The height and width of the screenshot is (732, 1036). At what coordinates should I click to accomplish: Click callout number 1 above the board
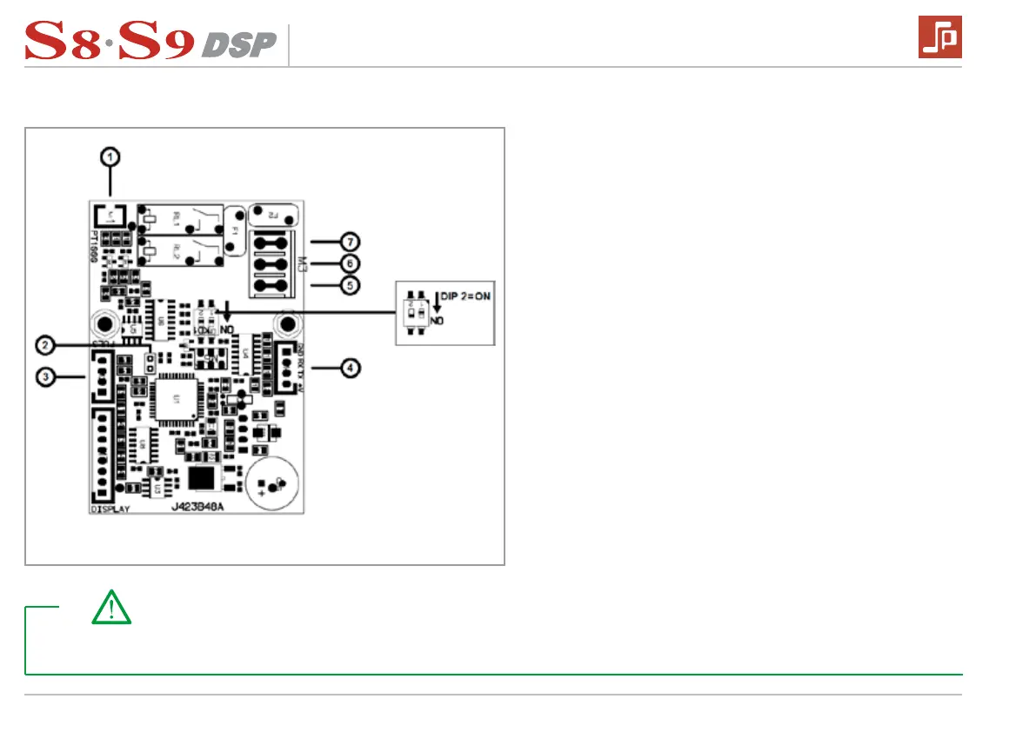click(x=110, y=156)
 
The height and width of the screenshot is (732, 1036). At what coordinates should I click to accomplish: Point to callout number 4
click(x=349, y=368)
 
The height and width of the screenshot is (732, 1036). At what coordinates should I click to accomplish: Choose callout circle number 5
click(x=349, y=284)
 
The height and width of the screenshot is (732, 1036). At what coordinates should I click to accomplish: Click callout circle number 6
click(x=349, y=262)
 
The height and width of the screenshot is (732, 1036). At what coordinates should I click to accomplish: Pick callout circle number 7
click(x=349, y=240)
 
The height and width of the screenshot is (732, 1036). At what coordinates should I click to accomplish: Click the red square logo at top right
click(x=939, y=37)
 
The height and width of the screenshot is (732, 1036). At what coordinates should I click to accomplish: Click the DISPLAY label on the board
click(x=110, y=509)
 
